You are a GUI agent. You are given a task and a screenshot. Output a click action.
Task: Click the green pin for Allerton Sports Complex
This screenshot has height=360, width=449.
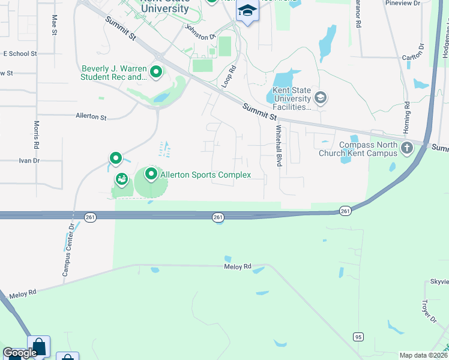click(151, 175)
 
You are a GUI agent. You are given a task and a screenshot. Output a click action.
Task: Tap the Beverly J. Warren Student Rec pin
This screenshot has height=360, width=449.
click(156, 73)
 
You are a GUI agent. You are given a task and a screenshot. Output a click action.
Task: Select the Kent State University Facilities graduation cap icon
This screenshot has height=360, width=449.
click(321, 98)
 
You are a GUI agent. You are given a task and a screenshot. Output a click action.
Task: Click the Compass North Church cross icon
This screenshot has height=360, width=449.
click(407, 148)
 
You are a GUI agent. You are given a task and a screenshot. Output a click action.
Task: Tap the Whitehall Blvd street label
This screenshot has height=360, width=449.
click(279, 146)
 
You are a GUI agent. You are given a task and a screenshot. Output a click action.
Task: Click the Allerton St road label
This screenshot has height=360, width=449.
click(91, 116)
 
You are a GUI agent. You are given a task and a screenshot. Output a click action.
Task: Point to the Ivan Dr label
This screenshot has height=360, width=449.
click(29, 160)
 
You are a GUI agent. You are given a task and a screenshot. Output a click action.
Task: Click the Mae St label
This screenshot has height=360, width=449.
click(55, 25)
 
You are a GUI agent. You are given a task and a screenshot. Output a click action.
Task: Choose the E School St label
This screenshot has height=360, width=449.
click(20, 53)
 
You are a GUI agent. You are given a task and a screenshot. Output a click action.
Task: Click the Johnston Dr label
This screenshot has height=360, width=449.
click(200, 31)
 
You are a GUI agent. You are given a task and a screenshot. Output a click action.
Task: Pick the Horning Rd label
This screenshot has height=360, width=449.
click(407, 112)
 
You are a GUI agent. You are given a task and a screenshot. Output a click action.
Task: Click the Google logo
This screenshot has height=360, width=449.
click(19, 353)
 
